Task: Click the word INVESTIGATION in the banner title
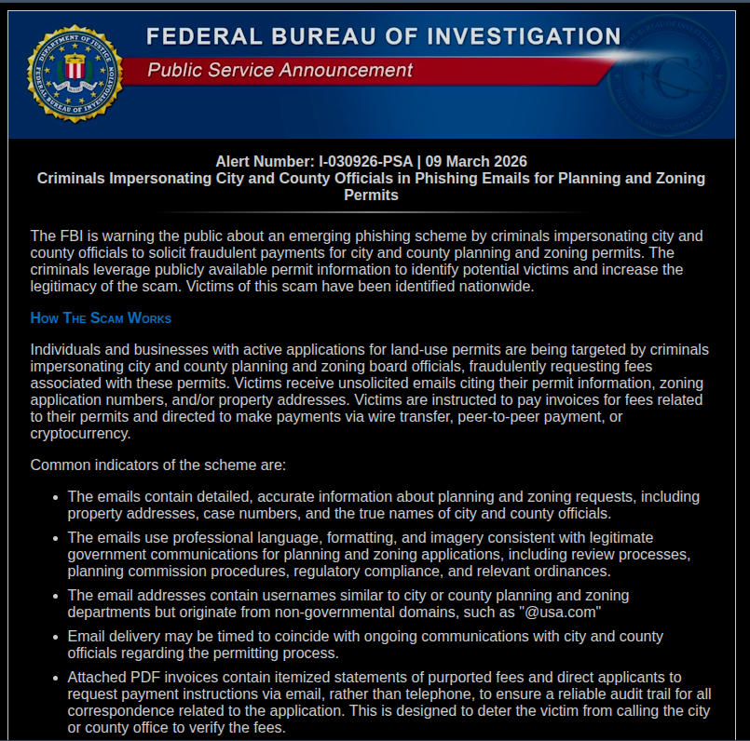pyautogui.click(x=524, y=37)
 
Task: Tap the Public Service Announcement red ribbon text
pyautogui.click(x=280, y=70)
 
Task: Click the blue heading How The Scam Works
pyautogui.click(x=101, y=318)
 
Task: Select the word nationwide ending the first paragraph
pyautogui.click(x=497, y=286)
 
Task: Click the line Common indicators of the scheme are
pyautogui.click(x=158, y=465)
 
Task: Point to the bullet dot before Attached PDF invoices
pyautogui.click(x=56, y=678)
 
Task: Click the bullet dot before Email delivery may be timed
pyautogui.click(x=56, y=637)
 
